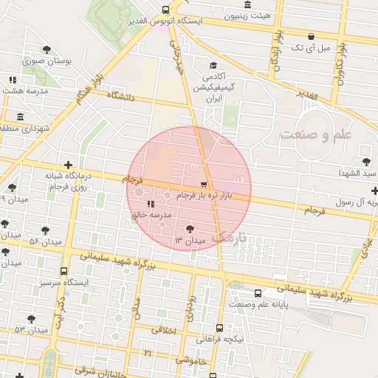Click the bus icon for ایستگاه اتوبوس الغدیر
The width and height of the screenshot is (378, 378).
(x=165, y=10)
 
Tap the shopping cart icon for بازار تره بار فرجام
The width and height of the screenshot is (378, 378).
(x=204, y=184)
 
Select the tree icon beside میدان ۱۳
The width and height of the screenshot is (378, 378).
(x=191, y=230)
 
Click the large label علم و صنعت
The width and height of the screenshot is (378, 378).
(x=316, y=135)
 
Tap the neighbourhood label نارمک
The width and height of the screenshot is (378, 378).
(x=226, y=238)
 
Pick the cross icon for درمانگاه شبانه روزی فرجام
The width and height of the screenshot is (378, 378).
(x=68, y=165)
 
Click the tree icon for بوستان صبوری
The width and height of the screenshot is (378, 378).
(x=47, y=49)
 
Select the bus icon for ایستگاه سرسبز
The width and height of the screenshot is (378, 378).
(x=63, y=271)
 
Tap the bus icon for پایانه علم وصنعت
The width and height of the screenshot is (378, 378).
(x=257, y=293)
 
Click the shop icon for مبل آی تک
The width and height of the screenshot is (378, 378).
(x=310, y=36)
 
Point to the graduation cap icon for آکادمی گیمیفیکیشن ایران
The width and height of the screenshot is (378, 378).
(x=213, y=66)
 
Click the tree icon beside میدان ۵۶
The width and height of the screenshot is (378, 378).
(x=46, y=230)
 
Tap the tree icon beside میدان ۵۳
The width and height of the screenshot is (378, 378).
(x=31, y=318)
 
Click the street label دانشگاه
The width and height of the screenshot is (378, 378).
(x=123, y=95)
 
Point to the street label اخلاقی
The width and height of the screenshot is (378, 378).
(x=165, y=330)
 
